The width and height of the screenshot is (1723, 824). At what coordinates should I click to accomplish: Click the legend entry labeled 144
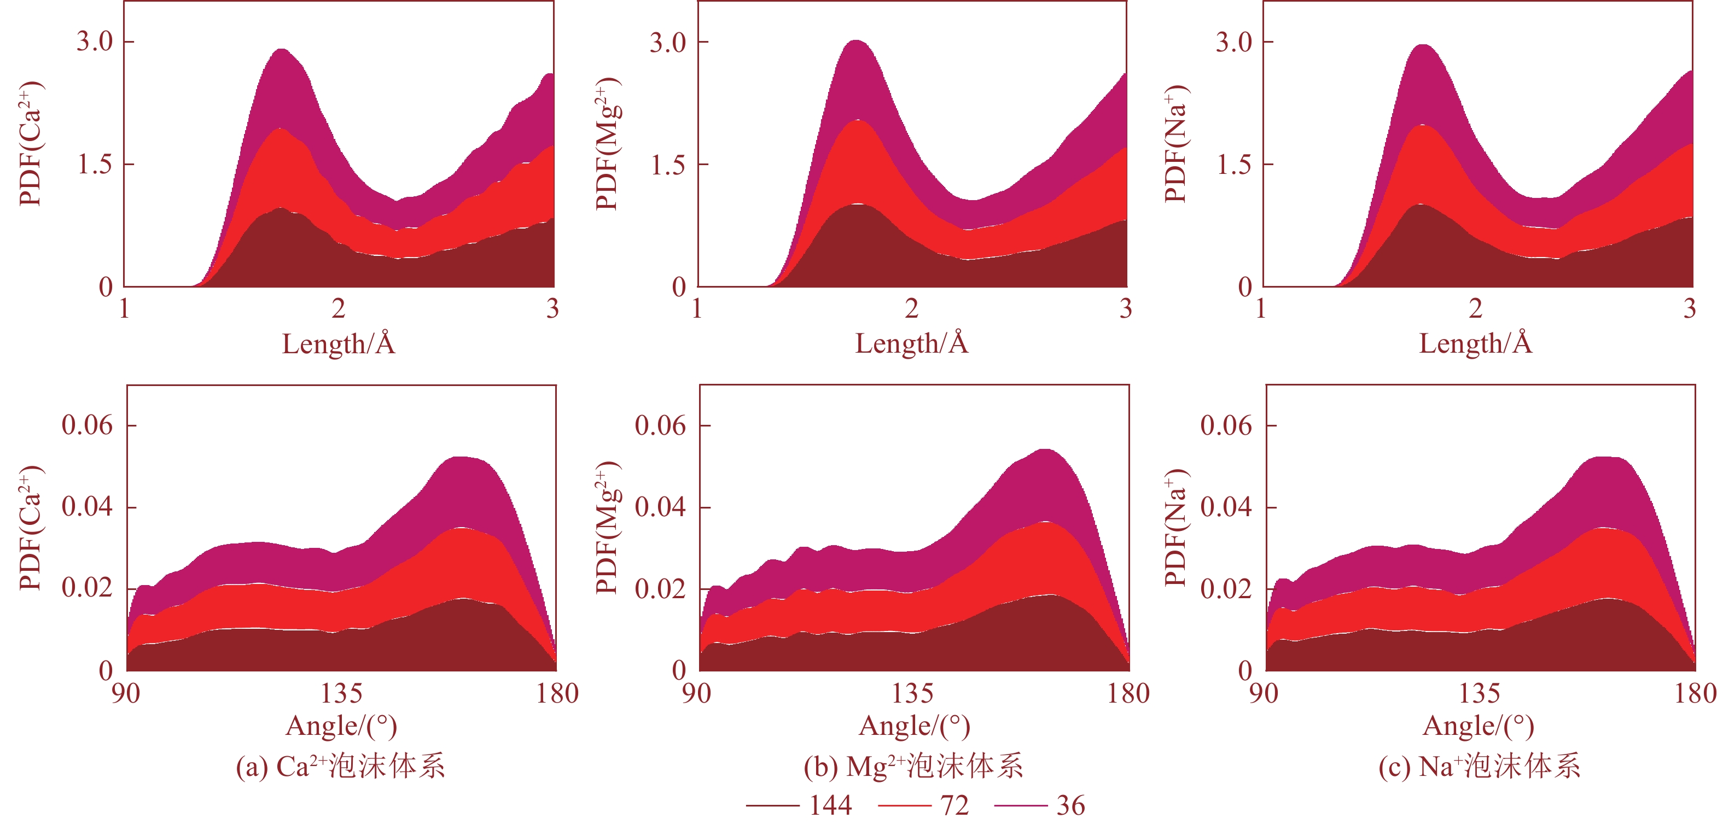pos(799,806)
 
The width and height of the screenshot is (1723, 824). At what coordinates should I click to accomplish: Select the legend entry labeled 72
pos(923,806)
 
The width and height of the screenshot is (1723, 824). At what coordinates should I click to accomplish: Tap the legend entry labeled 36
pos(1040,806)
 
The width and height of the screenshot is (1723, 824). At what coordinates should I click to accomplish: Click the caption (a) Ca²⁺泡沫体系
pos(340,767)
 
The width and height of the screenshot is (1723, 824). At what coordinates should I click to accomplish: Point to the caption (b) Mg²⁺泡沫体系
pos(913,767)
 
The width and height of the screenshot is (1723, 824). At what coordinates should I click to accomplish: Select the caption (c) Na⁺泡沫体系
pos(1480,767)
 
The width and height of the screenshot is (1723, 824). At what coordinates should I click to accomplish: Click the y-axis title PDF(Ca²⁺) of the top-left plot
pos(31,144)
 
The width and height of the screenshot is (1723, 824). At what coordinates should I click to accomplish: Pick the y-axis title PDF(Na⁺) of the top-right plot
pos(1176,144)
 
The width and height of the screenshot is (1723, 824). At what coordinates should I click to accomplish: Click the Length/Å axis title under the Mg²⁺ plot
pos(912,344)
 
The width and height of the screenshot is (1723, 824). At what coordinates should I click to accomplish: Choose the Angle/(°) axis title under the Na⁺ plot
pos(1478,726)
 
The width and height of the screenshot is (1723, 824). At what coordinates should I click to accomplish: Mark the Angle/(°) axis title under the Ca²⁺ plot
pos(341,726)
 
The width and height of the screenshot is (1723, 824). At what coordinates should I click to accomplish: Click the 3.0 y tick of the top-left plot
pos(95,42)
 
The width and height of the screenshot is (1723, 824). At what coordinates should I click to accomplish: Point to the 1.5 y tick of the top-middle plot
pos(668,165)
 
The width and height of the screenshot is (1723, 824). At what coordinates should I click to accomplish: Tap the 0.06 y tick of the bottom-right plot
pos(1225,425)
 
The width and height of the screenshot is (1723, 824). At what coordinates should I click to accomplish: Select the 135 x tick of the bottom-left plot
pos(341,693)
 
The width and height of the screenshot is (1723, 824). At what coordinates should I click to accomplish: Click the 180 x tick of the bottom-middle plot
pos(1128,693)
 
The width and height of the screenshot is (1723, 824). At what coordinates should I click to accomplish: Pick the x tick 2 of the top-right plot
pos(1476,309)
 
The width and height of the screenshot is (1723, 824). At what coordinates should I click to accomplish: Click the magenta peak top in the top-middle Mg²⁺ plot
pos(856,42)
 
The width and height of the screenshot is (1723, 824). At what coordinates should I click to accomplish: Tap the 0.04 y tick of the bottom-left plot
pos(87,507)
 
